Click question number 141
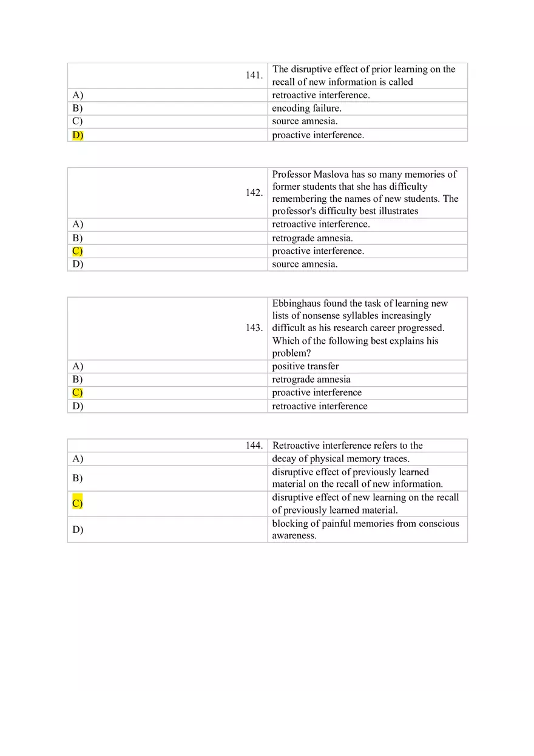tap(254, 75)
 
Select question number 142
tap(254, 193)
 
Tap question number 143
tap(254, 328)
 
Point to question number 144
tap(254, 446)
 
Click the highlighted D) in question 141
tap(78, 135)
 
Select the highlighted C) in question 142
tap(77, 251)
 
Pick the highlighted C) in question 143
tap(77, 393)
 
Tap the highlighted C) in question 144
tap(77, 503)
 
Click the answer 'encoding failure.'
tap(306, 109)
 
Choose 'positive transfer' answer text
tap(305, 366)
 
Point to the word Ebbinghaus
tap(296, 303)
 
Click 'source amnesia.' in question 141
tap(305, 121)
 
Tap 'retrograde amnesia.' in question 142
tap(312, 238)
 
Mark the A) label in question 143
tap(77, 366)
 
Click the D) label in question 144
tap(77, 530)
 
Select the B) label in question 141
tap(77, 109)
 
